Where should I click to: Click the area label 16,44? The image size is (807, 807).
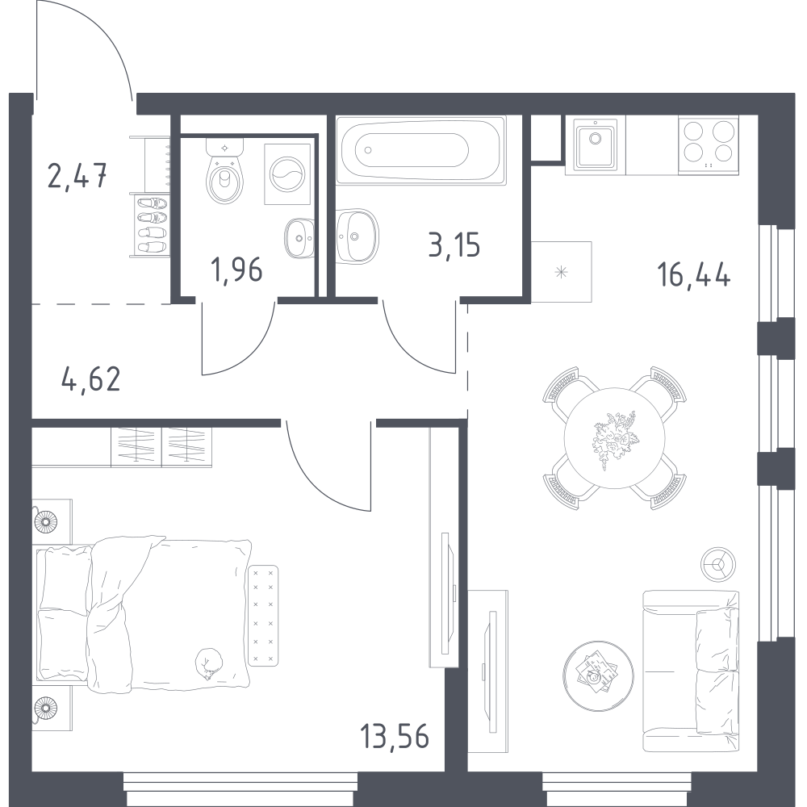(693, 275)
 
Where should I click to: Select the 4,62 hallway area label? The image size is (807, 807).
(90, 378)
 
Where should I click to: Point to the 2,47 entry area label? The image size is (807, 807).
(77, 175)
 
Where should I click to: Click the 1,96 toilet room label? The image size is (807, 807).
(236, 270)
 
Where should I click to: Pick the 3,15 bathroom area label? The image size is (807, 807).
(454, 245)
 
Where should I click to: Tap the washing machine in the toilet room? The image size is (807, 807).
(288, 174)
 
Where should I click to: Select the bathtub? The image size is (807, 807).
(421, 150)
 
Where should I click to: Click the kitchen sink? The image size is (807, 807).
(596, 145)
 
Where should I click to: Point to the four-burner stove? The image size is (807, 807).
(709, 144)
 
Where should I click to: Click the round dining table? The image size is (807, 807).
(614, 437)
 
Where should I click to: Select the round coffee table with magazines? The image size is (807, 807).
(598, 675)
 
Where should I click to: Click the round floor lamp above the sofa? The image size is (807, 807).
(718, 563)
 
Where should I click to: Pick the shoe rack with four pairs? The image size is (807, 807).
(152, 225)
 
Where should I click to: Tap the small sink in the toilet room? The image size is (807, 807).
(299, 238)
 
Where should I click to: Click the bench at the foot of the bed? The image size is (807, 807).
(263, 615)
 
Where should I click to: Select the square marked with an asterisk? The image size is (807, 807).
(562, 272)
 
